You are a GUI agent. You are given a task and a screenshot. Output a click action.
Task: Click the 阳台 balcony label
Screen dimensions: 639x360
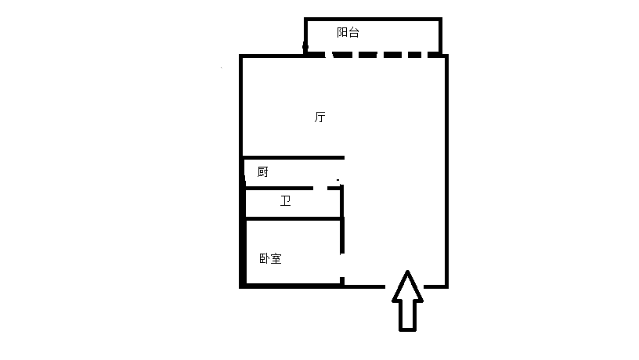coord(348,33)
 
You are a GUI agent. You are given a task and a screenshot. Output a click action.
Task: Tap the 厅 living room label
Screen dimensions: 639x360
coord(320,117)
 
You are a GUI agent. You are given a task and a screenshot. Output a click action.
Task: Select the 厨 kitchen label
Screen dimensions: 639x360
coord(263,172)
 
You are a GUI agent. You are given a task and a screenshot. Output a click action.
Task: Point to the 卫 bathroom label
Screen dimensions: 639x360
coord(285,201)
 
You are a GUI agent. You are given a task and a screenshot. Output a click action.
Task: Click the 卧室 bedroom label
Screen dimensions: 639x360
coord(271,258)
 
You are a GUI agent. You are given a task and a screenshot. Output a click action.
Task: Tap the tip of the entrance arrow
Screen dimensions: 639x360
coord(407,271)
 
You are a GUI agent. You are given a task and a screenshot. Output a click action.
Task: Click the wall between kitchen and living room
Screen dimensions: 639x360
coord(294,157)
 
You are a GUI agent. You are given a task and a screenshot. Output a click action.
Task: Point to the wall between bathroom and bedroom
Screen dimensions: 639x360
coord(294,219)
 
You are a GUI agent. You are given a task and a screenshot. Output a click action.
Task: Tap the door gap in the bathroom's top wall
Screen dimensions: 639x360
coord(320,188)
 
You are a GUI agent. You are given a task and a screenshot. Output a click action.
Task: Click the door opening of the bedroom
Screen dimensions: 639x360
coord(342,265)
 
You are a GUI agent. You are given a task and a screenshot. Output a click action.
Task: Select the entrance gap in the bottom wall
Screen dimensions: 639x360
coord(404,286)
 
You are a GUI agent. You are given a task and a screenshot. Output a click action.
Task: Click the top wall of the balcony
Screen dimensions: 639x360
coord(373,19)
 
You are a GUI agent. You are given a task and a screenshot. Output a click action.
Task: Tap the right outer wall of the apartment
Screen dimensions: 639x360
coord(446,171)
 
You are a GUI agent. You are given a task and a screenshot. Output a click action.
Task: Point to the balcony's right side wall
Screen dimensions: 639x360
coord(440,36)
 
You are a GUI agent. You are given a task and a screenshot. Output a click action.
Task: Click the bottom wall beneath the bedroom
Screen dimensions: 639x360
coord(291,286)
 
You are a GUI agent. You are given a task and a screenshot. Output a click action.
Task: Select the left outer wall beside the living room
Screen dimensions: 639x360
coord(241,106)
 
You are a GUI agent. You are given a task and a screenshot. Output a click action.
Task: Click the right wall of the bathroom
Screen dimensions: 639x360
coord(342,203)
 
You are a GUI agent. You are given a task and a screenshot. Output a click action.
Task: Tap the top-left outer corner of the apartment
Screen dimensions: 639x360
coord(239,55)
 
